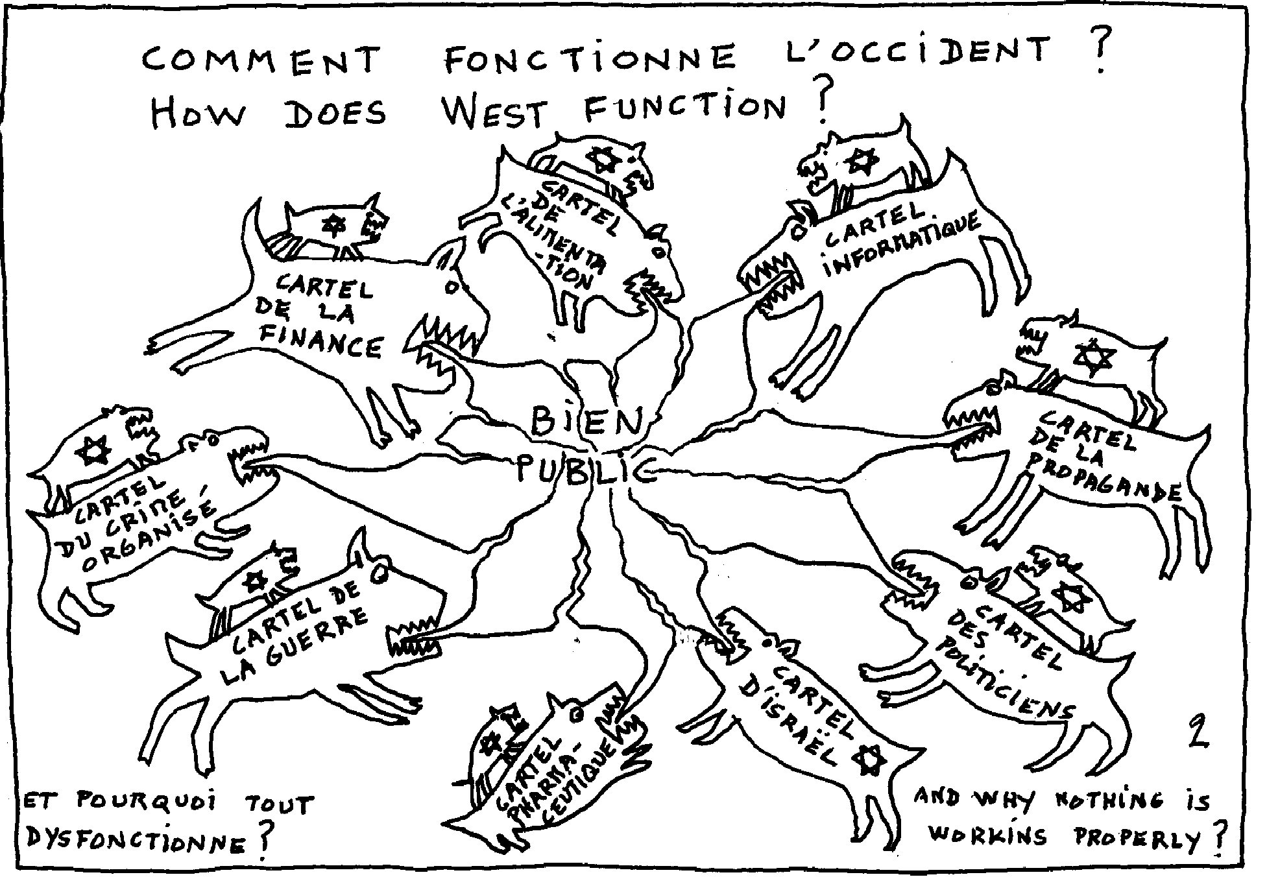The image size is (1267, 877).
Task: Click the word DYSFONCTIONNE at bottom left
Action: pos(136,841)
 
